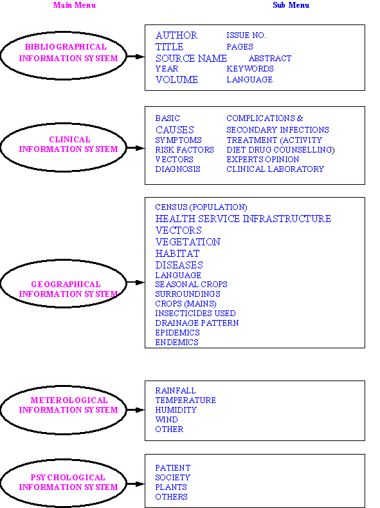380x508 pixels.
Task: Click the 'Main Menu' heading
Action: point(75,5)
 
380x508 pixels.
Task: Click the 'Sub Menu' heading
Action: point(291,5)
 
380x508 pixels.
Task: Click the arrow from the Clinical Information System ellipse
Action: point(136,148)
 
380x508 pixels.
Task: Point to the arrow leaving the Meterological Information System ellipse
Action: point(136,410)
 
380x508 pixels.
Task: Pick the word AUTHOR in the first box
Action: point(176,35)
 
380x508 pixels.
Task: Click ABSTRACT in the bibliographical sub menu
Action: point(270,59)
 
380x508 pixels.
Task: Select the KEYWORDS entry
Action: point(250,69)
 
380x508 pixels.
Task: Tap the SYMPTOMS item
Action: point(178,140)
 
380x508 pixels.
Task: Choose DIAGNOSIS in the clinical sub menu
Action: point(177,169)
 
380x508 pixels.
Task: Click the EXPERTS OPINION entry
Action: point(262,160)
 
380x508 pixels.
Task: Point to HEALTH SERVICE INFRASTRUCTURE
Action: point(243,219)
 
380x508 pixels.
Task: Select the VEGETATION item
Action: point(188,242)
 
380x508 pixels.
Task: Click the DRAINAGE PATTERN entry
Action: point(197,323)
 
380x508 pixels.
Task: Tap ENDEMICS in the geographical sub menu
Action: point(177,343)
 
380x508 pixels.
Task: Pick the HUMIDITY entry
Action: point(176,410)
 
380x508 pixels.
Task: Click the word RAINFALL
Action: point(176,390)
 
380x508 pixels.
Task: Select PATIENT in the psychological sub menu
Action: point(173,468)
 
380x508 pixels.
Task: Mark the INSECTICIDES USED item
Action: point(195,314)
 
